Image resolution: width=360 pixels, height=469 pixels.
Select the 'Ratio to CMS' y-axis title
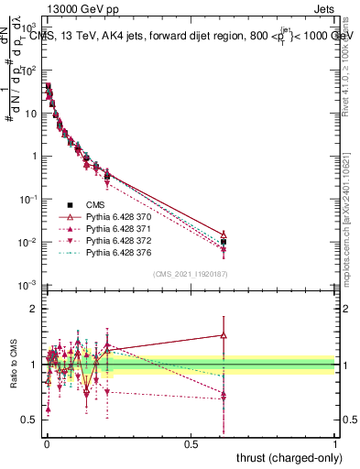click(x=12, y=365)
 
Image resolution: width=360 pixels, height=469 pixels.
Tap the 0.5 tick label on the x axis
click(x=191, y=443)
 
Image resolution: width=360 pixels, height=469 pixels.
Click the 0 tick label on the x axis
click(x=46, y=443)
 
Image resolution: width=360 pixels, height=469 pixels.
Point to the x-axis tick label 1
click(x=335, y=443)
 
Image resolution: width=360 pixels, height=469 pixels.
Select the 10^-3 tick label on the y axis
click(x=27, y=286)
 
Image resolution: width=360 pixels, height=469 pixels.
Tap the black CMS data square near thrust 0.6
click(x=224, y=242)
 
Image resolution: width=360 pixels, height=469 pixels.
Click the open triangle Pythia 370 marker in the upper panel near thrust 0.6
click(x=224, y=234)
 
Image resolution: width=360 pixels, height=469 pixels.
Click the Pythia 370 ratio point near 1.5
click(x=224, y=335)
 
